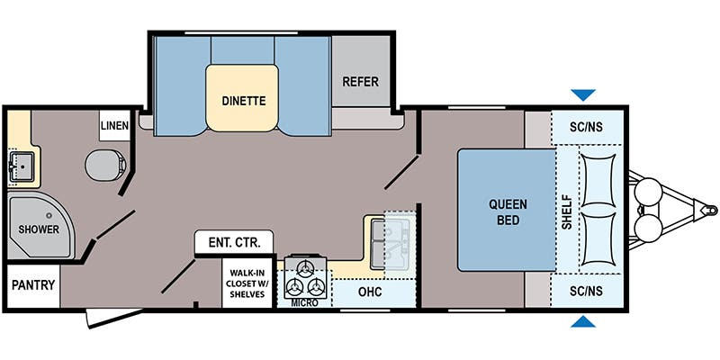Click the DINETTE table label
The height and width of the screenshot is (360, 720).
pos(244,101)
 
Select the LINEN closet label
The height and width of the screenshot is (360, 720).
pos(115,125)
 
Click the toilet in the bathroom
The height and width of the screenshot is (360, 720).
pos(106,165)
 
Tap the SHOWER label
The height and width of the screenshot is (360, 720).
pos(39,229)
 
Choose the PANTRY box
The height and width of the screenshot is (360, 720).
pos(33,285)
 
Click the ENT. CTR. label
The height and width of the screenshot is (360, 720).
pos(234,242)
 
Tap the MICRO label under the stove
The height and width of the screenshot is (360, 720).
pos(304,303)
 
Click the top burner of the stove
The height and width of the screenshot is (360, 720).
pos(304,268)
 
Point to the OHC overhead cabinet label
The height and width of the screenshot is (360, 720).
pos(370,292)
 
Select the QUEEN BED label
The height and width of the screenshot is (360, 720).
pos(508,211)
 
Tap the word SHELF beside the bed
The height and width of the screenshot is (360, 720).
pos(568,212)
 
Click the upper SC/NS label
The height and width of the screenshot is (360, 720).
pos(587,127)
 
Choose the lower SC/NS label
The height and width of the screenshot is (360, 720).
pos(587,291)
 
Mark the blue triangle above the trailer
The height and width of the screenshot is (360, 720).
pos(583,94)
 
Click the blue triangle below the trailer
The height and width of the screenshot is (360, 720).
pos(583,321)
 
